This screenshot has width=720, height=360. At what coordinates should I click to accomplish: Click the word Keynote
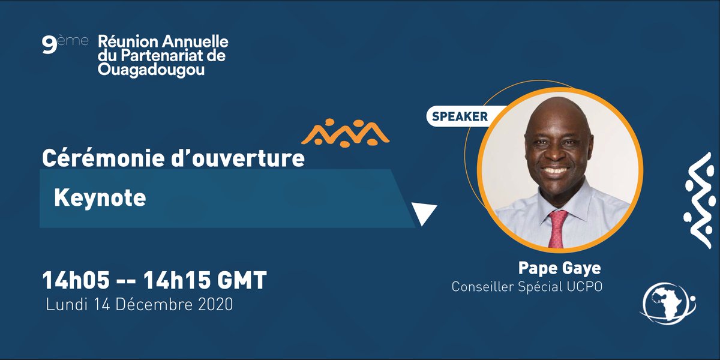click(100, 198)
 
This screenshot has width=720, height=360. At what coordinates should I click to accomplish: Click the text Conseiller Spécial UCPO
click(527, 287)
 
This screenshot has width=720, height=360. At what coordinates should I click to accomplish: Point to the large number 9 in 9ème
click(49, 46)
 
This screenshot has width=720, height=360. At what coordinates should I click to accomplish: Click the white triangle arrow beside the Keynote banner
click(424, 213)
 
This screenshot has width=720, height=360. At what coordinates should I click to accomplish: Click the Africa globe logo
click(668, 304)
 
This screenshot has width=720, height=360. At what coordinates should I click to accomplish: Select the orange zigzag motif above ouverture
click(346, 132)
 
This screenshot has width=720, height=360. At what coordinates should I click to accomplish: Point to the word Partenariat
click(160, 57)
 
